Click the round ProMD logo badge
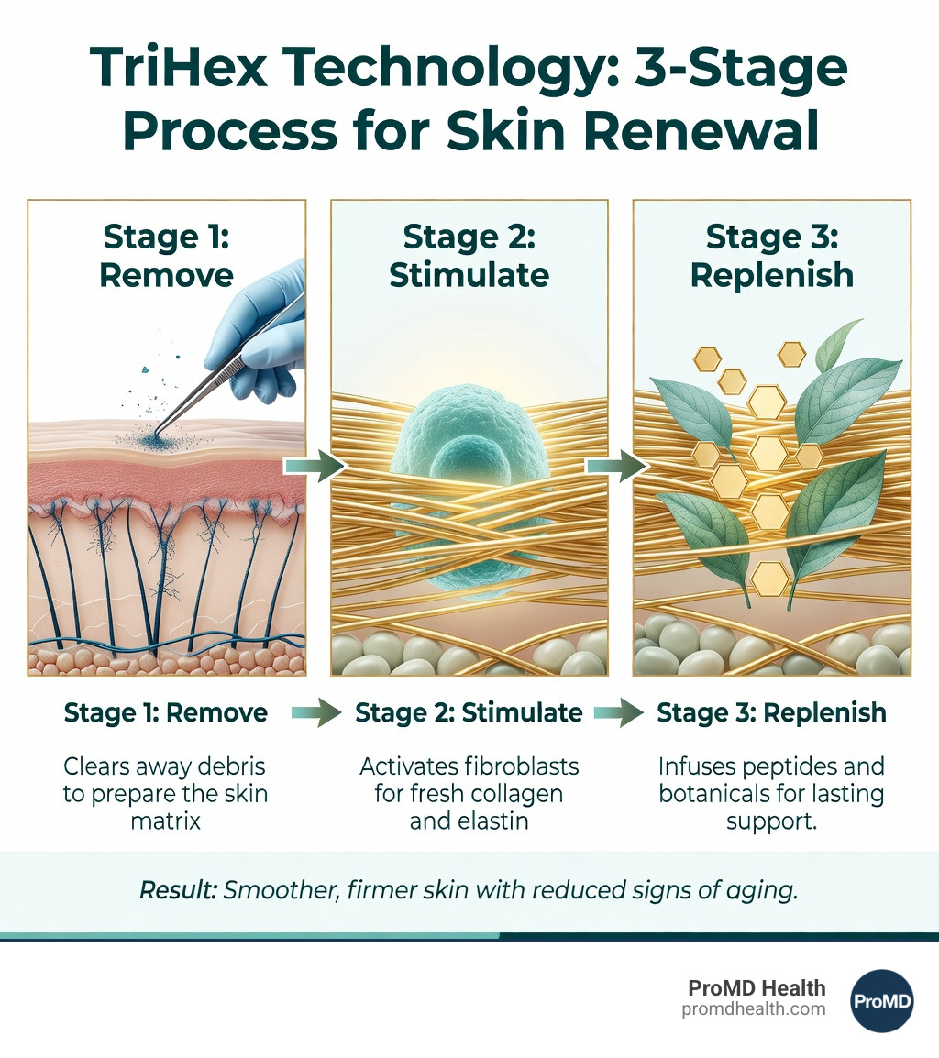click(882, 1000)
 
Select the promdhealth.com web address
click(754, 1009)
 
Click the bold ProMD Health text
click(757, 987)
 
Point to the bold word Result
click(178, 890)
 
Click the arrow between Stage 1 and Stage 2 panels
click(315, 466)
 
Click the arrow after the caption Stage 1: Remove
click(316, 712)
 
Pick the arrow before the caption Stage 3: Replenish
click(619, 712)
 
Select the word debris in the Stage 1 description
click(232, 766)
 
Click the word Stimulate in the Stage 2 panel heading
click(469, 275)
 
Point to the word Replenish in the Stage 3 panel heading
click(771, 276)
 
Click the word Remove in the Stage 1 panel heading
click(166, 275)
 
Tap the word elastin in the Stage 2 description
click(492, 821)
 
